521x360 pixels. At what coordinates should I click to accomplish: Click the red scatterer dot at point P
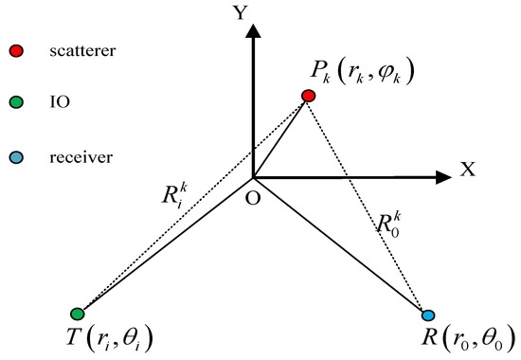click(x=308, y=96)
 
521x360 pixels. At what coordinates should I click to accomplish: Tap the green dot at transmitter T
click(x=78, y=314)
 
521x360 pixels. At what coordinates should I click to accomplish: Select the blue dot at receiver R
click(x=427, y=315)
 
